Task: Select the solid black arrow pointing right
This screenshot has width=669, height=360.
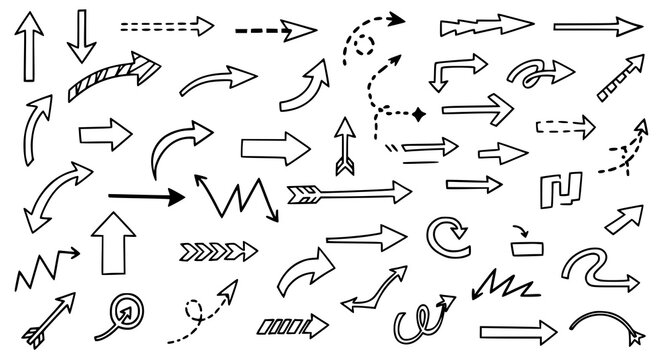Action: (146, 196)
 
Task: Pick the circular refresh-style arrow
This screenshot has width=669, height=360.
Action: (445, 237)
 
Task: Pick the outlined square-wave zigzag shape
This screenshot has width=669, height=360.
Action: (560, 187)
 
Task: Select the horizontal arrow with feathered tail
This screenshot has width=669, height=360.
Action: (348, 190)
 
